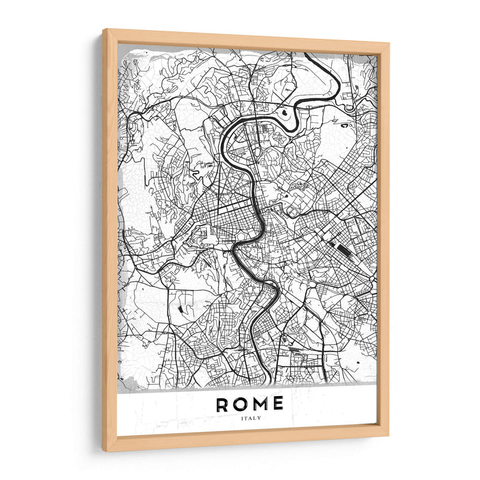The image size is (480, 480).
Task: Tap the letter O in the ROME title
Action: pyautogui.click(x=241, y=404)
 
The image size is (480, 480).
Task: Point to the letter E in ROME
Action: pyautogui.click(x=277, y=404)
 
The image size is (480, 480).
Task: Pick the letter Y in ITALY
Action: pyautogui.click(x=259, y=418)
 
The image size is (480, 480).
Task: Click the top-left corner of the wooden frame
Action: pyautogui.click(x=104, y=30)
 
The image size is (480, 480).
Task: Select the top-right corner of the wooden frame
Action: pyautogui.click(x=388, y=44)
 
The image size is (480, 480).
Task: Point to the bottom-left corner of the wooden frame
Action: pyautogui.click(x=104, y=451)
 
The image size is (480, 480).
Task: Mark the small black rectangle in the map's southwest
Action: pyautogui.click(x=179, y=308)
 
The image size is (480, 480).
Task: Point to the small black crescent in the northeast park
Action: pyautogui.click(x=346, y=125)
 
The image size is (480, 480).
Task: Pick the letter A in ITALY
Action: pyautogui.click(x=250, y=418)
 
